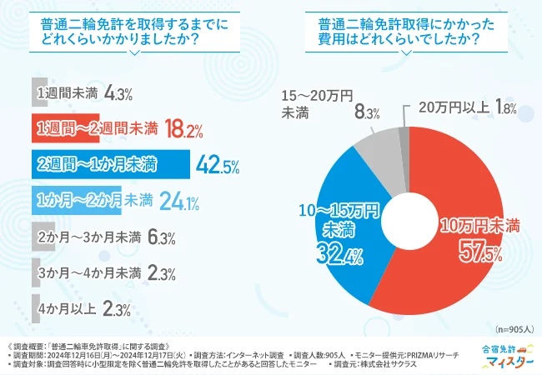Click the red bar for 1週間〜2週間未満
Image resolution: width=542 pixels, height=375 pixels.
(67, 128)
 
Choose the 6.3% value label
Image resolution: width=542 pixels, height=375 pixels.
(159, 237)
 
